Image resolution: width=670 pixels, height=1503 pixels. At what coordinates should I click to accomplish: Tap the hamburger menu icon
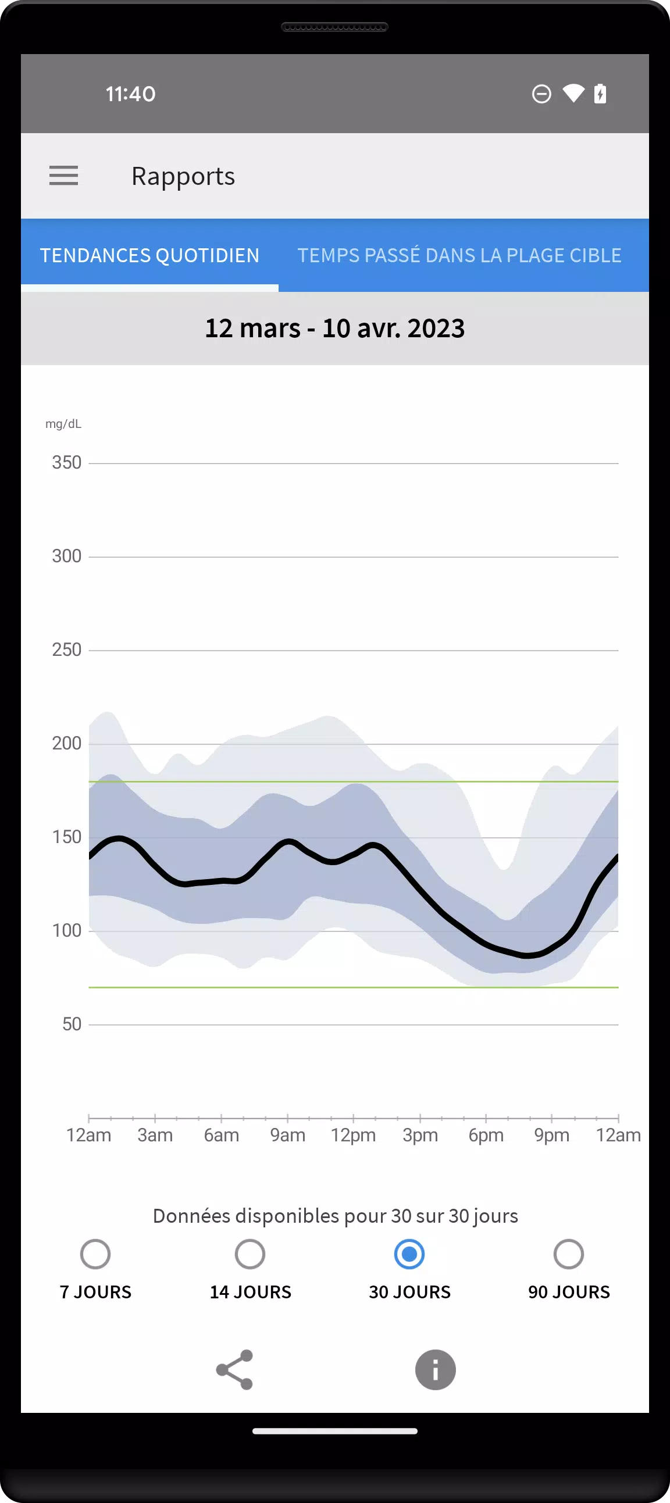(63, 176)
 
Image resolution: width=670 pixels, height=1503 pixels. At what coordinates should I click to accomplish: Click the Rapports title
(183, 176)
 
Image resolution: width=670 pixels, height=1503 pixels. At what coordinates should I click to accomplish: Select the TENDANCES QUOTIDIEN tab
(149, 256)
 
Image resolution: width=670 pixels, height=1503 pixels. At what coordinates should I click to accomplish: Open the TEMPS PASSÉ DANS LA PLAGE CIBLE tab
(459, 256)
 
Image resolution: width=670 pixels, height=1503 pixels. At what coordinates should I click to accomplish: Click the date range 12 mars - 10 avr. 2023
(335, 329)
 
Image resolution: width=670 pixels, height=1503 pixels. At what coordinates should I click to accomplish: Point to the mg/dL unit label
(63, 424)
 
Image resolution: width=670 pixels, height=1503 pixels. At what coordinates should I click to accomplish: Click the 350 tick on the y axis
(66, 463)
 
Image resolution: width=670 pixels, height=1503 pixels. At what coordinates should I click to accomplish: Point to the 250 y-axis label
(66, 650)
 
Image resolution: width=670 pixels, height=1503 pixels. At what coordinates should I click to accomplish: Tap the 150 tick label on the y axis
(66, 837)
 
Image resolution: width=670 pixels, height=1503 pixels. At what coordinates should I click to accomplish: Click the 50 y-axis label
(71, 1024)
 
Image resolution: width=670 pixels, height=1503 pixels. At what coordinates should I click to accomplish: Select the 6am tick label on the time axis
(221, 1136)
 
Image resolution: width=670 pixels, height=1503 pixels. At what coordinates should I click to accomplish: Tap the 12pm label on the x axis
(353, 1136)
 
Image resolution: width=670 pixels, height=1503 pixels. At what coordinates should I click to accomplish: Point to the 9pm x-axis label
(551, 1136)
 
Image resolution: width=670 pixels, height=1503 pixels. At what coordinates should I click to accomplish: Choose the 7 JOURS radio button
(95, 1255)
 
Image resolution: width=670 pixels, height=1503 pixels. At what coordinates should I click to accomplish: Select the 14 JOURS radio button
(250, 1255)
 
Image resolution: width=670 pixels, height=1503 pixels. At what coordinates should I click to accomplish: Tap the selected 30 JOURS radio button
(409, 1255)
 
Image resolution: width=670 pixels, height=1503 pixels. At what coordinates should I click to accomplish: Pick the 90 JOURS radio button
(568, 1255)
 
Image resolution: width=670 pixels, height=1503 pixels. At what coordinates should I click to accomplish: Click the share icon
(234, 1370)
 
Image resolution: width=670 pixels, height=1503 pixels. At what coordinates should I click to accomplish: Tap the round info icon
(436, 1370)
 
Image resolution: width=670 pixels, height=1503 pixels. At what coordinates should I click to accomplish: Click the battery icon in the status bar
(600, 94)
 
